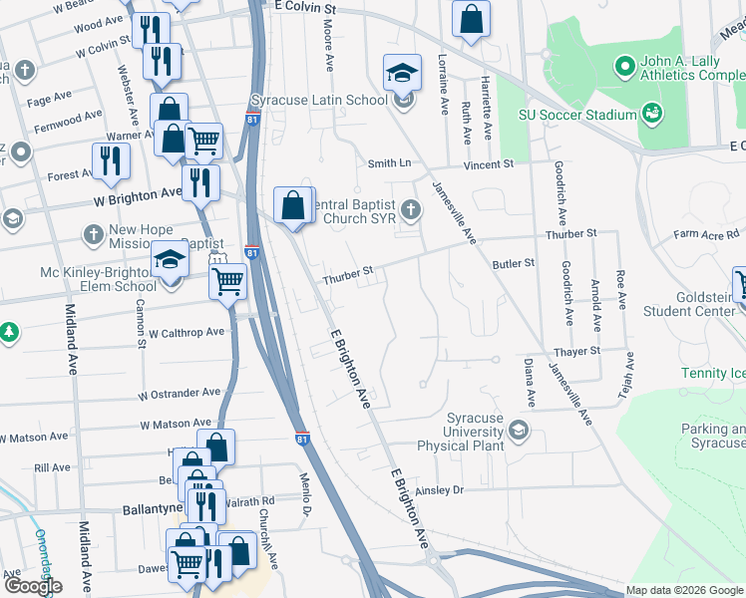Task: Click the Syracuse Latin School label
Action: [319, 101]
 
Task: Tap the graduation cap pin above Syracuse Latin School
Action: [402, 73]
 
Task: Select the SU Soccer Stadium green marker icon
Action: [652, 114]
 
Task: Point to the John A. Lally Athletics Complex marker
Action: [625, 68]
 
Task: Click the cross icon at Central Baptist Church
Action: [411, 209]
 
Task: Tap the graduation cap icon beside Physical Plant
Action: [518, 431]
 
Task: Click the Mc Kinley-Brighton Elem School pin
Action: [171, 261]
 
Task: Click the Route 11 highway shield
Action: [217, 259]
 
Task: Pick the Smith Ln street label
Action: [389, 163]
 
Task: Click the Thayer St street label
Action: [577, 351]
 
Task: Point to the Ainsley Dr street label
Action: [440, 489]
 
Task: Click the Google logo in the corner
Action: [32, 585]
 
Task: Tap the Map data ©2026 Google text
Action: [683, 590]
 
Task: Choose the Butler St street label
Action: [514, 263]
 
